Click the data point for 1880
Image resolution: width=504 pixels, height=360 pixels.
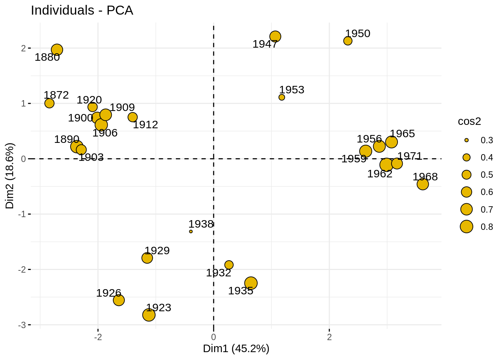pyautogui.click(x=57, y=50)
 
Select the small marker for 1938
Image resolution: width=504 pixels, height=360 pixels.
pyautogui.click(x=191, y=232)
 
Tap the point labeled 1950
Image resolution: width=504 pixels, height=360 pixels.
pyautogui.click(x=348, y=41)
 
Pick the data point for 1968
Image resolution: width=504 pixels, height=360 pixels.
pyautogui.click(x=423, y=184)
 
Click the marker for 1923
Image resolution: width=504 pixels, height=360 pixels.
pyautogui.click(x=149, y=315)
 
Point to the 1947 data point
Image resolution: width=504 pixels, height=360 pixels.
pyautogui.click(x=275, y=37)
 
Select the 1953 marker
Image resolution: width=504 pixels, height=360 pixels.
pyautogui.click(x=282, y=97)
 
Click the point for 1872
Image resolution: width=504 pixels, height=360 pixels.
pyautogui.click(x=49, y=103)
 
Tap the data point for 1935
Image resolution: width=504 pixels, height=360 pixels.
pyautogui.click(x=251, y=283)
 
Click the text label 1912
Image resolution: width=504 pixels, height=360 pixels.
pyautogui.click(x=145, y=125)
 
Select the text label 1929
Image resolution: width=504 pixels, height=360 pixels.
pyautogui.click(x=157, y=250)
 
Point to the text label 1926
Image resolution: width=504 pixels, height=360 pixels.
pyautogui.click(x=109, y=293)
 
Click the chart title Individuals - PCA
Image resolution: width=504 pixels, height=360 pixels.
pyautogui.click(x=82, y=10)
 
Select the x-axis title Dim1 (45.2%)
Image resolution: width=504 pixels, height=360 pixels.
pyautogui.click(x=236, y=349)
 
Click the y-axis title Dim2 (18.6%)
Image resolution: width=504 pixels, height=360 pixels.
pyautogui.click(x=10, y=176)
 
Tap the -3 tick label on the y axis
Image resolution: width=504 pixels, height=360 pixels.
pyautogui.click(x=22, y=325)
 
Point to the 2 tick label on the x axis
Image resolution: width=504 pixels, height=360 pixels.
pyautogui.click(x=329, y=337)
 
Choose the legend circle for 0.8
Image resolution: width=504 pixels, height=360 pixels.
pyautogui.click(x=466, y=226)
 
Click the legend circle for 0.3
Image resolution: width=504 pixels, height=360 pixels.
pyautogui.click(x=466, y=140)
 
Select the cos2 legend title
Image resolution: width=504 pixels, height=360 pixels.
pyautogui.click(x=469, y=121)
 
